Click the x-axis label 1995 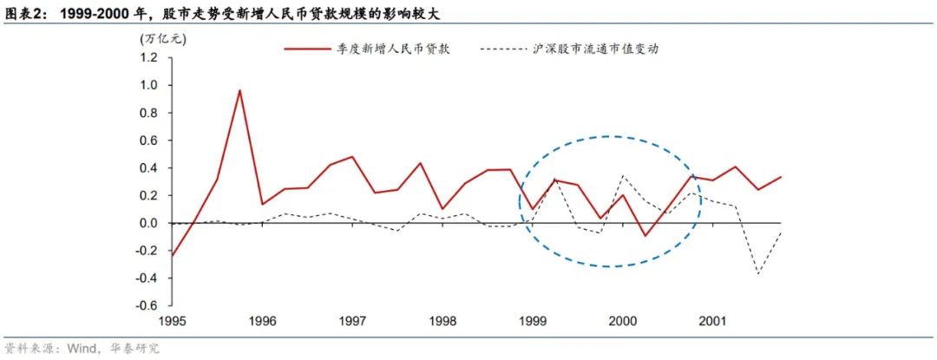[172, 322]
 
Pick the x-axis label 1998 [443, 322]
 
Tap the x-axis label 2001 [715, 322]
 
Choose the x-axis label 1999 [534, 322]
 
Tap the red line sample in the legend [310, 49]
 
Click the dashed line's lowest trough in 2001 [759, 274]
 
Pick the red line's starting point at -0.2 [172, 256]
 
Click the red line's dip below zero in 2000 [645, 235]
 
